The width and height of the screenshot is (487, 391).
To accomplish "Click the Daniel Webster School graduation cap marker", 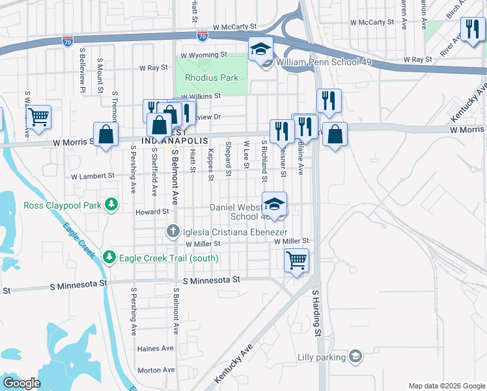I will (x=275, y=204).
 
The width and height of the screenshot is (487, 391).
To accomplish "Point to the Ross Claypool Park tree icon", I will (x=112, y=205).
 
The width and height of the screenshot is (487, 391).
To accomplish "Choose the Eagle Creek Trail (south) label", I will (x=168, y=258).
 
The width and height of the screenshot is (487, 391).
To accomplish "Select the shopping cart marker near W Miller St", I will (x=297, y=261).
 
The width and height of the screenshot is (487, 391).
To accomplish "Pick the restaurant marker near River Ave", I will (x=471, y=29).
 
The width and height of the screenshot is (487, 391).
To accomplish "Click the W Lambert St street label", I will (x=92, y=176).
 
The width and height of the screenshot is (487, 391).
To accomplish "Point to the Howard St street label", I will (x=152, y=212).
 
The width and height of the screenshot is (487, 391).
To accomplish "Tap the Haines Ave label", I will (x=156, y=349).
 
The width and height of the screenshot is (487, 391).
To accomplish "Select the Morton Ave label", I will (x=156, y=370).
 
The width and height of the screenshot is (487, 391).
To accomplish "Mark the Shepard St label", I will (x=229, y=159).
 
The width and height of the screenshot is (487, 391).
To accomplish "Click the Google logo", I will (x=21, y=383).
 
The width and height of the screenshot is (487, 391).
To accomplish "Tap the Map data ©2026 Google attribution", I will (x=446, y=386).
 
